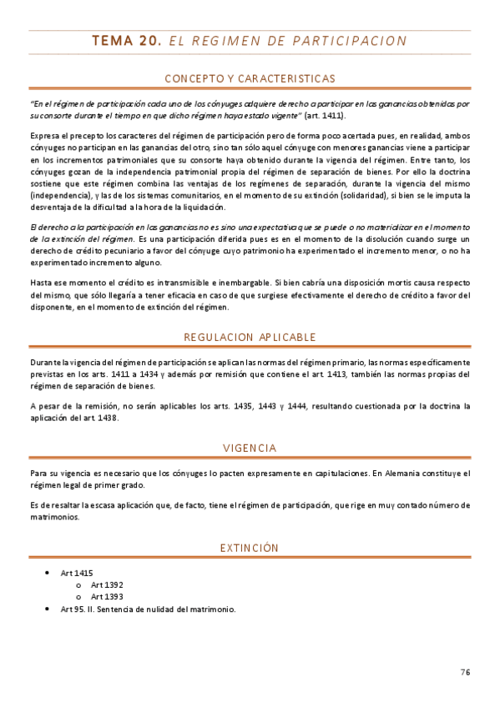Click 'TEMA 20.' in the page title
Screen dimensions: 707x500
tap(126, 40)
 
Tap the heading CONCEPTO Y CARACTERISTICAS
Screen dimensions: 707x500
tap(250, 78)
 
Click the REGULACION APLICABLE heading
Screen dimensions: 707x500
tap(250, 338)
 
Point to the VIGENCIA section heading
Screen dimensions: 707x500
tap(250, 449)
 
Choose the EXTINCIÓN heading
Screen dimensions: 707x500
tap(250, 548)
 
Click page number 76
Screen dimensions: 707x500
tap(465, 671)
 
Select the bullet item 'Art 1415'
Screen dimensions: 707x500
tap(77, 574)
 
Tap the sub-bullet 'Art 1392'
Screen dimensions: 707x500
tap(107, 585)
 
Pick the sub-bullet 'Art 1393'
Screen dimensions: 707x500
tap(107, 597)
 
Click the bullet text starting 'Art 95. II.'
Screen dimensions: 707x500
tap(149, 609)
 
